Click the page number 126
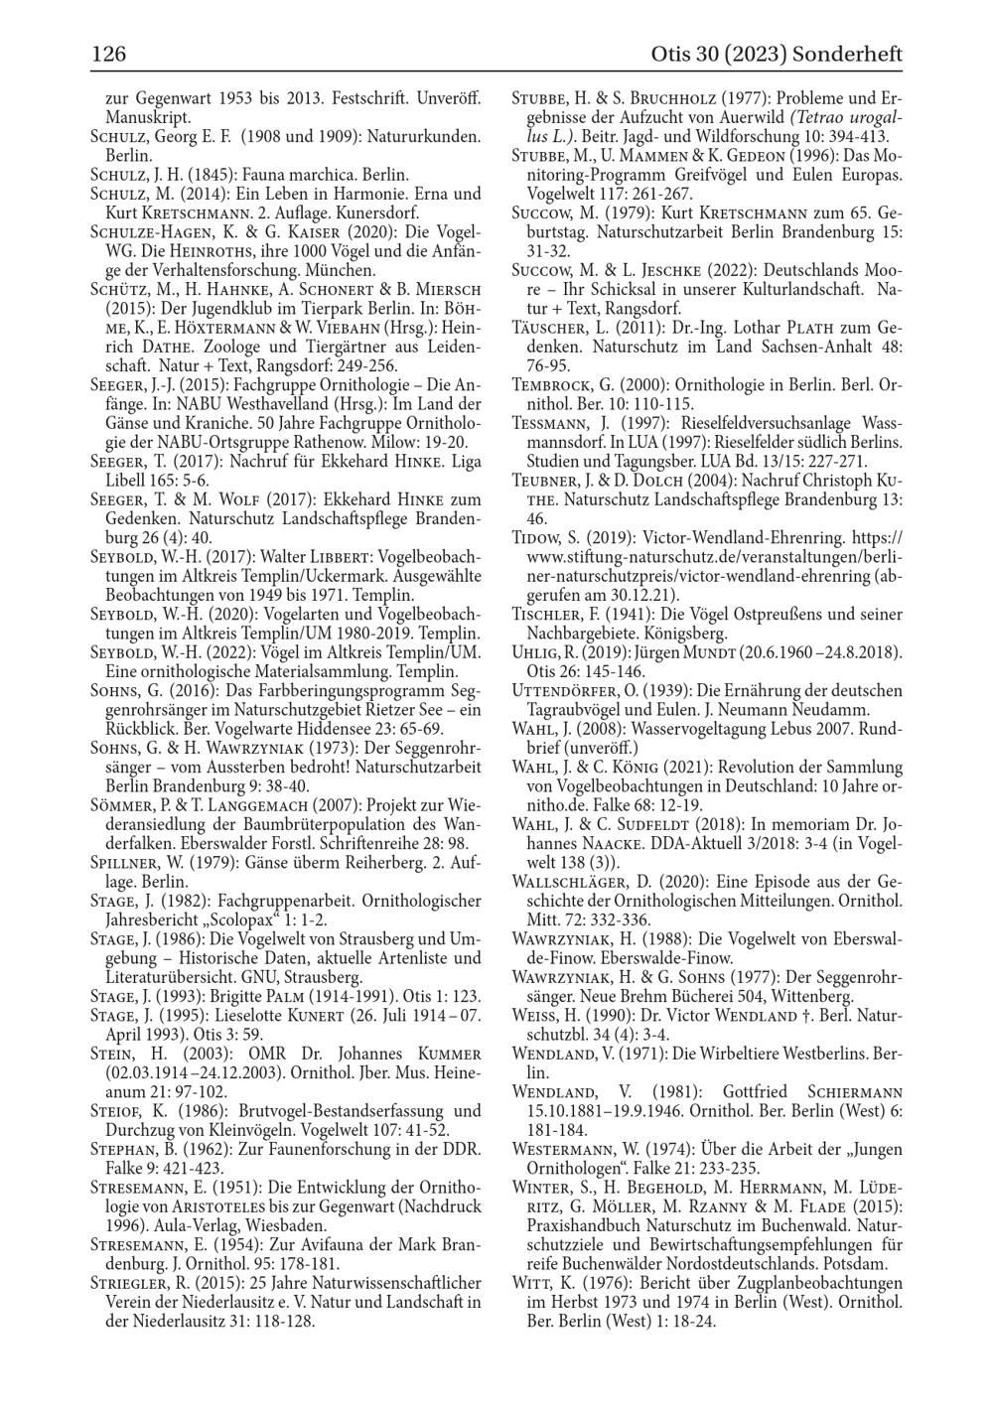pos(108,54)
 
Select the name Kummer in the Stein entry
pos(445,1053)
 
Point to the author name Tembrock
pos(552,385)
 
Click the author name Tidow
pos(537,537)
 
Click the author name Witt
pos(531,1283)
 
